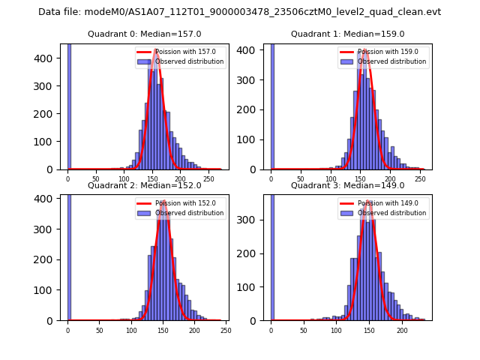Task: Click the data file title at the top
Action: point(239,12)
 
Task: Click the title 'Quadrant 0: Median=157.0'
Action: point(144,34)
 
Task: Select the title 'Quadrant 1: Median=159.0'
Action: point(347,34)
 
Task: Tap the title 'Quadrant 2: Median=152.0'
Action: point(144,185)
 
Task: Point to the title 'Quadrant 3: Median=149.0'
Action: point(347,185)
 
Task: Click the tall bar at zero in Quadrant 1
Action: point(271,105)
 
